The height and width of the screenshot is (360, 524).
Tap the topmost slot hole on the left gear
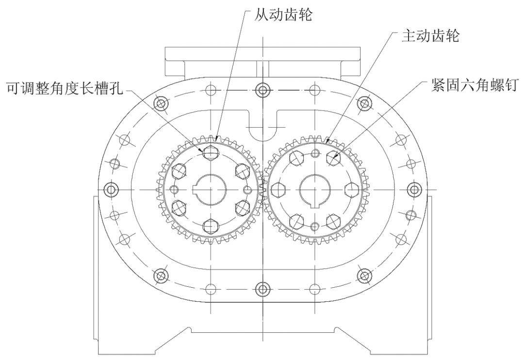[211, 152]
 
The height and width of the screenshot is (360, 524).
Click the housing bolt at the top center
[262, 89]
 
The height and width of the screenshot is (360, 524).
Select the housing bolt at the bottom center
[262, 289]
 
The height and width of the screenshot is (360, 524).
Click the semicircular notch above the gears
[262, 129]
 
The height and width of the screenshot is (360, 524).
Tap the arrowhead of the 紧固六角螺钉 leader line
[335, 157]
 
